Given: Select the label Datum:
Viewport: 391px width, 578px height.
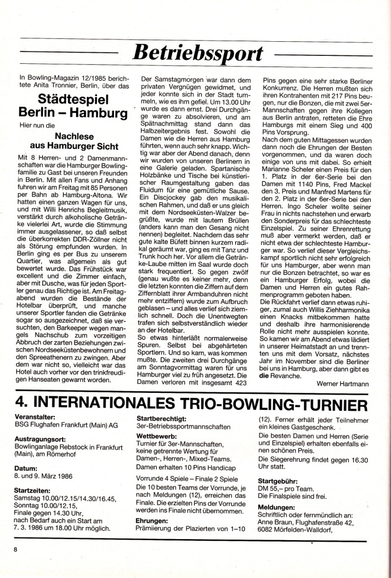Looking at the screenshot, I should (26, 468).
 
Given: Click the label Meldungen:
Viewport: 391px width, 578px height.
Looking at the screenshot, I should (275, 507).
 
